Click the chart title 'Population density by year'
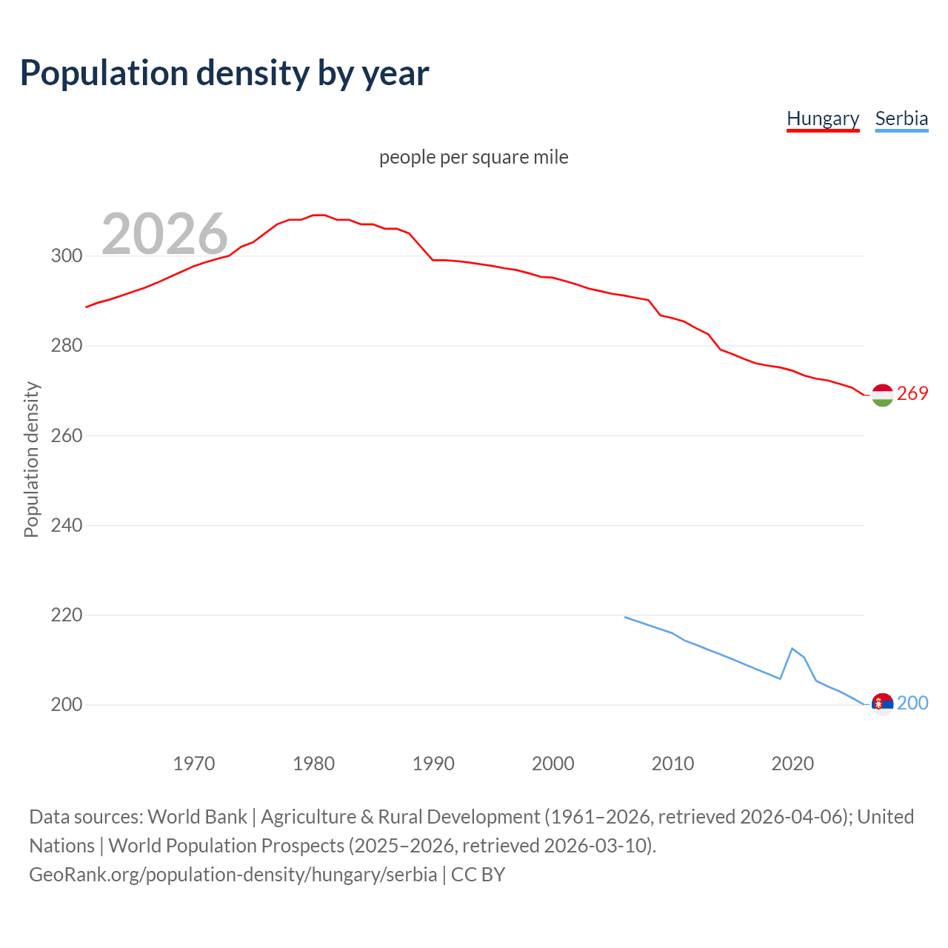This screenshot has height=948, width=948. point(224,73)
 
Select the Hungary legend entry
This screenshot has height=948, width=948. point(822,118)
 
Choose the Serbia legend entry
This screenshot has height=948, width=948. point(901,118)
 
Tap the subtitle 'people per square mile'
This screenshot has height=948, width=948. point(473,157)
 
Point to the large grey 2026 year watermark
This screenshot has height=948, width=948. point(164,233)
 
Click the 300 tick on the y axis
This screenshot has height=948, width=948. point(67,256)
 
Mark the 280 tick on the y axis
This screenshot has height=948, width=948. point(67,346)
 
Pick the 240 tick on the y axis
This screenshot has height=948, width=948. point(67,525)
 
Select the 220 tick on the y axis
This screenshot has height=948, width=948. point(67,615)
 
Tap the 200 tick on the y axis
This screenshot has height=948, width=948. point(67,704)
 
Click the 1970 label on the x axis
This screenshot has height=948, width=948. point(194,764)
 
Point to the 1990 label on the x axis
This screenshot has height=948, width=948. point(433,764)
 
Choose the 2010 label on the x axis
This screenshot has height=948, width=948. point(672,764)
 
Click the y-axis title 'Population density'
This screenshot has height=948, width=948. point(31,459)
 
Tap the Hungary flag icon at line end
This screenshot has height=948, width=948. point(882,395)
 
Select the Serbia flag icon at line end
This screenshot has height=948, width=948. point(882,704)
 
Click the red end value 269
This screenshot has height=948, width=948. point(912,394)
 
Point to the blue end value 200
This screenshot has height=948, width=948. point(912,704)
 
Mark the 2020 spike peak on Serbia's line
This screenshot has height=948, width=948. point(792,649)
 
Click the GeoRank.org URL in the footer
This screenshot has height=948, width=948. point(233,875)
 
